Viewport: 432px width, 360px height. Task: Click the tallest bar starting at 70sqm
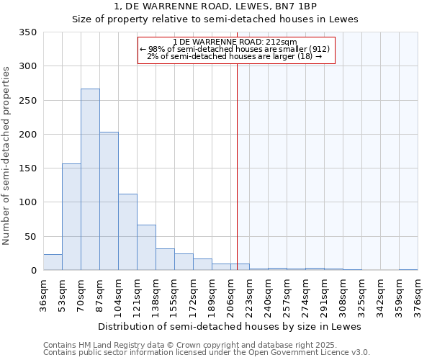pyautogui.click(x=90, y=180)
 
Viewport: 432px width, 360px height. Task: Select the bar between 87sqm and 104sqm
pyautogui.click(x=109, y=202)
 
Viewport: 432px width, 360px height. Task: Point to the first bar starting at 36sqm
pyautogui.click(x=53, y=263)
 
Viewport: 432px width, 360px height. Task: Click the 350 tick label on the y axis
pyautogui.click(x=28, y=32)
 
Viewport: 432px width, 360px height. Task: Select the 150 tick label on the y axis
pyautogui.click(x=28, y=168)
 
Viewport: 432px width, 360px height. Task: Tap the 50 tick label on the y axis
pyautogui.click(x=31, y=236)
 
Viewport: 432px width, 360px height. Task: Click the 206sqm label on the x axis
pyautogui.click(x=230, y=295)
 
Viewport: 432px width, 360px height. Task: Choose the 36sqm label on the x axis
pyautogui.click(x=43, y=295)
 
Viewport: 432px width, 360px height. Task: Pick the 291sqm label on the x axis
pyautogui.click(x=324, y=295)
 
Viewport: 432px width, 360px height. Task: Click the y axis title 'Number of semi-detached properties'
pyautogui.click(x=6, y=155)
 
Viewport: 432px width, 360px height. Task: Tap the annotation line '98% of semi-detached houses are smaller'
pyautogui.click(x=235, y=49)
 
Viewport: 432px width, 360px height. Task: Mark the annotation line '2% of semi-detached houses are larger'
pyautogui.click(x=235, y=56)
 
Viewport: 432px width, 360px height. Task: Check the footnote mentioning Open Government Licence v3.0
pyautogui.click(x=207, y=353)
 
